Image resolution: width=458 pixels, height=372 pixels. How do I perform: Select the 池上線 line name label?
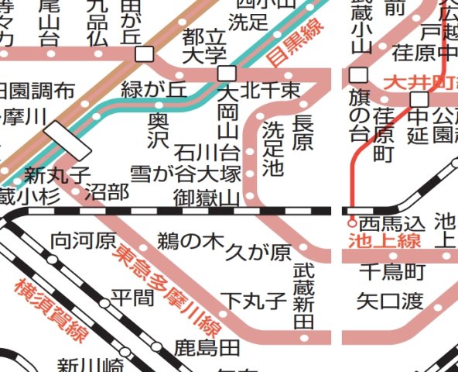point(385,242)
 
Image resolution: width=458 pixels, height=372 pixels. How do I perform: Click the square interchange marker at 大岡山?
point(227,74)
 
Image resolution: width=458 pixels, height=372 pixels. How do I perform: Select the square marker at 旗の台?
point(357,76)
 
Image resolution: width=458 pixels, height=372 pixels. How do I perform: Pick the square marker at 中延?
point(420,100)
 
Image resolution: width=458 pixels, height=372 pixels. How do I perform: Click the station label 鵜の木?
point(190,241)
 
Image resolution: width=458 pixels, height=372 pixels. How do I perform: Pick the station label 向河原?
point(84,241)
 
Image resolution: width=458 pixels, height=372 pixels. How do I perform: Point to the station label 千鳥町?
point(392,271)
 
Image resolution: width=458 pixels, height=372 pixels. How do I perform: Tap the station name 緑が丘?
point(154,91)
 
